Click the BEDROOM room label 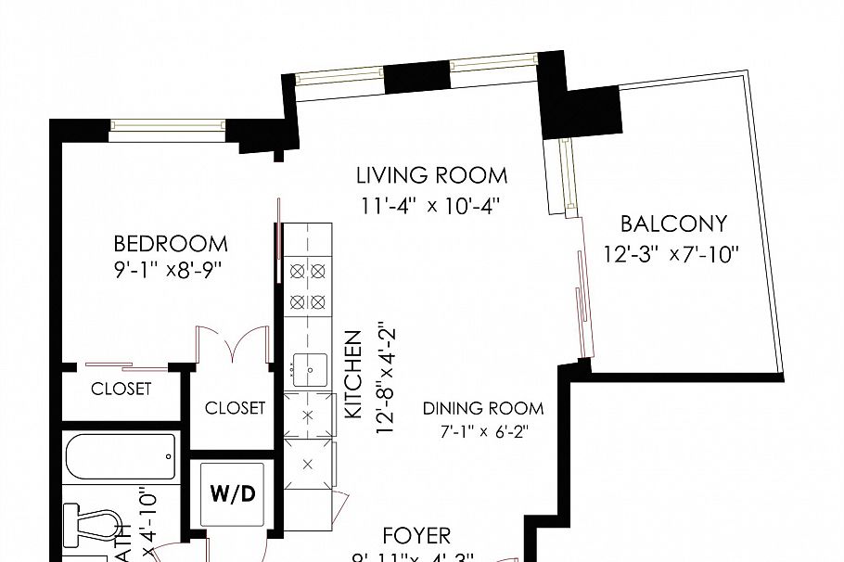170,244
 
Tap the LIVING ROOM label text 432,174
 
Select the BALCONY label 673,224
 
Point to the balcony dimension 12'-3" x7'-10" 671,253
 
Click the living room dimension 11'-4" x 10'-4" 431,206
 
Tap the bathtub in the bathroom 121,457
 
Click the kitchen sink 309,369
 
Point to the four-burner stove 308,286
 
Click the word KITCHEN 352,375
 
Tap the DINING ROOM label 483,408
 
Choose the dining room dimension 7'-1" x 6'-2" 483,431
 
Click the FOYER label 416,535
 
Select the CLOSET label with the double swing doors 235,407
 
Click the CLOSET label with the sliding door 121,389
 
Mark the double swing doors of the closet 229,347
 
